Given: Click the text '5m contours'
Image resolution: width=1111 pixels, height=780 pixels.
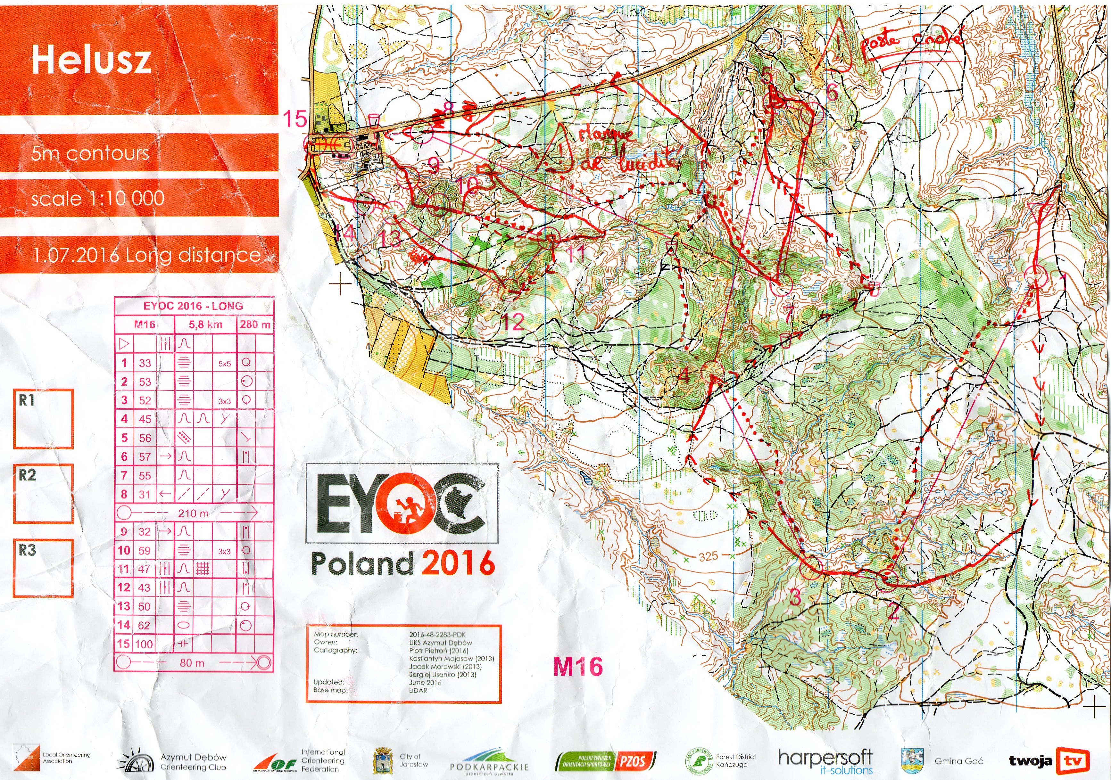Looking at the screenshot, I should [x=90, y=153].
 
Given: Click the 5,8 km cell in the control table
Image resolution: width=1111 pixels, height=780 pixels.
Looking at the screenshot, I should [x=205, y=324].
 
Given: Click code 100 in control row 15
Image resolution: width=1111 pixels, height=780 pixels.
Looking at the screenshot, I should [x=144, y=644].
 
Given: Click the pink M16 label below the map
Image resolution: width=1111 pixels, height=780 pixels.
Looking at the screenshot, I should [x=578, y=667].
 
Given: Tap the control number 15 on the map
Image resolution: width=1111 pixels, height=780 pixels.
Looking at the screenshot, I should [x=295, y=119].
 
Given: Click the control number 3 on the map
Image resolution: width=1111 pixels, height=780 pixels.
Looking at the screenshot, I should [x=795, y=598].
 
